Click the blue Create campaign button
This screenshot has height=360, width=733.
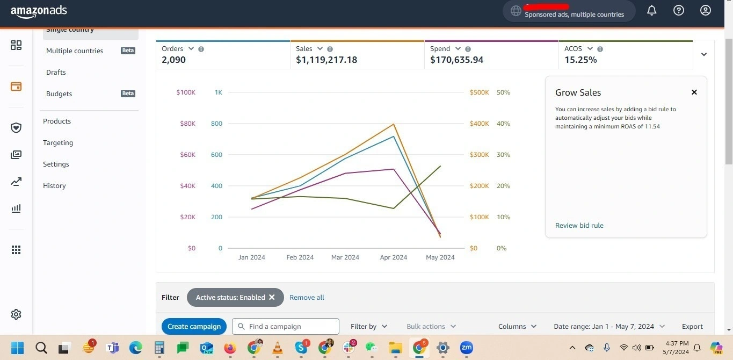click(194, 326)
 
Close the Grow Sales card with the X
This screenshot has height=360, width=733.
click(694, 92)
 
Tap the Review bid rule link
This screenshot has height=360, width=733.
click(579, 226)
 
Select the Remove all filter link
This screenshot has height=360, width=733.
click(307, 298)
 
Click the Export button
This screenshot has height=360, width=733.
click(692, 326)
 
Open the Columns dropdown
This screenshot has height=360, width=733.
click(517, 326)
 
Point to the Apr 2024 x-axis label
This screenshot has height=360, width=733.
click(393, 257)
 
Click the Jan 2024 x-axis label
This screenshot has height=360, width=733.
click(251, 257)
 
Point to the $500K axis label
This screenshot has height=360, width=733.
click(479, 92)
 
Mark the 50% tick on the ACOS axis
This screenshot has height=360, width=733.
click(503, 92)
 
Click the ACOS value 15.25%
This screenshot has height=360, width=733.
click(580, 60)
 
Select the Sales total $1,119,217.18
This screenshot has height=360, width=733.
click(326, 60)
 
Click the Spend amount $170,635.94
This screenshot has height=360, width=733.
click(456, 60)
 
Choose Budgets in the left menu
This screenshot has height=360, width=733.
click(59, 93)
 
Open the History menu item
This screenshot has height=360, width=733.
click(54, 186)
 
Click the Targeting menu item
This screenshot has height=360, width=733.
click(58, 143)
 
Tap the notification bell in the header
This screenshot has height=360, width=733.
click(652, 10)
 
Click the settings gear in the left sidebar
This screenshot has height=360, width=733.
click(16, 314)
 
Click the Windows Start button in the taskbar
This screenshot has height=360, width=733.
click(17, 348)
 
